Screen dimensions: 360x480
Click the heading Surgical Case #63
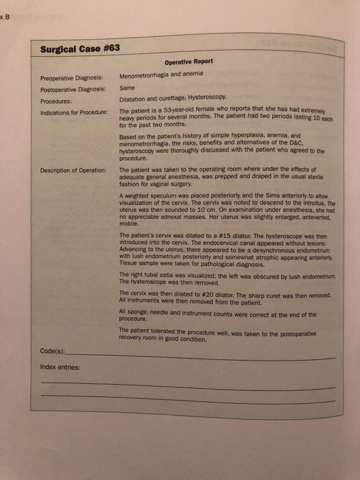(x=77, y=50)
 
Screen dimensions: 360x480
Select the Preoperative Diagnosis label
(x=71, y=77)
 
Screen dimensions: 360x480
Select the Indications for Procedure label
(x=75, y=112)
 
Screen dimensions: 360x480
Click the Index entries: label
(x=61, y=368)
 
